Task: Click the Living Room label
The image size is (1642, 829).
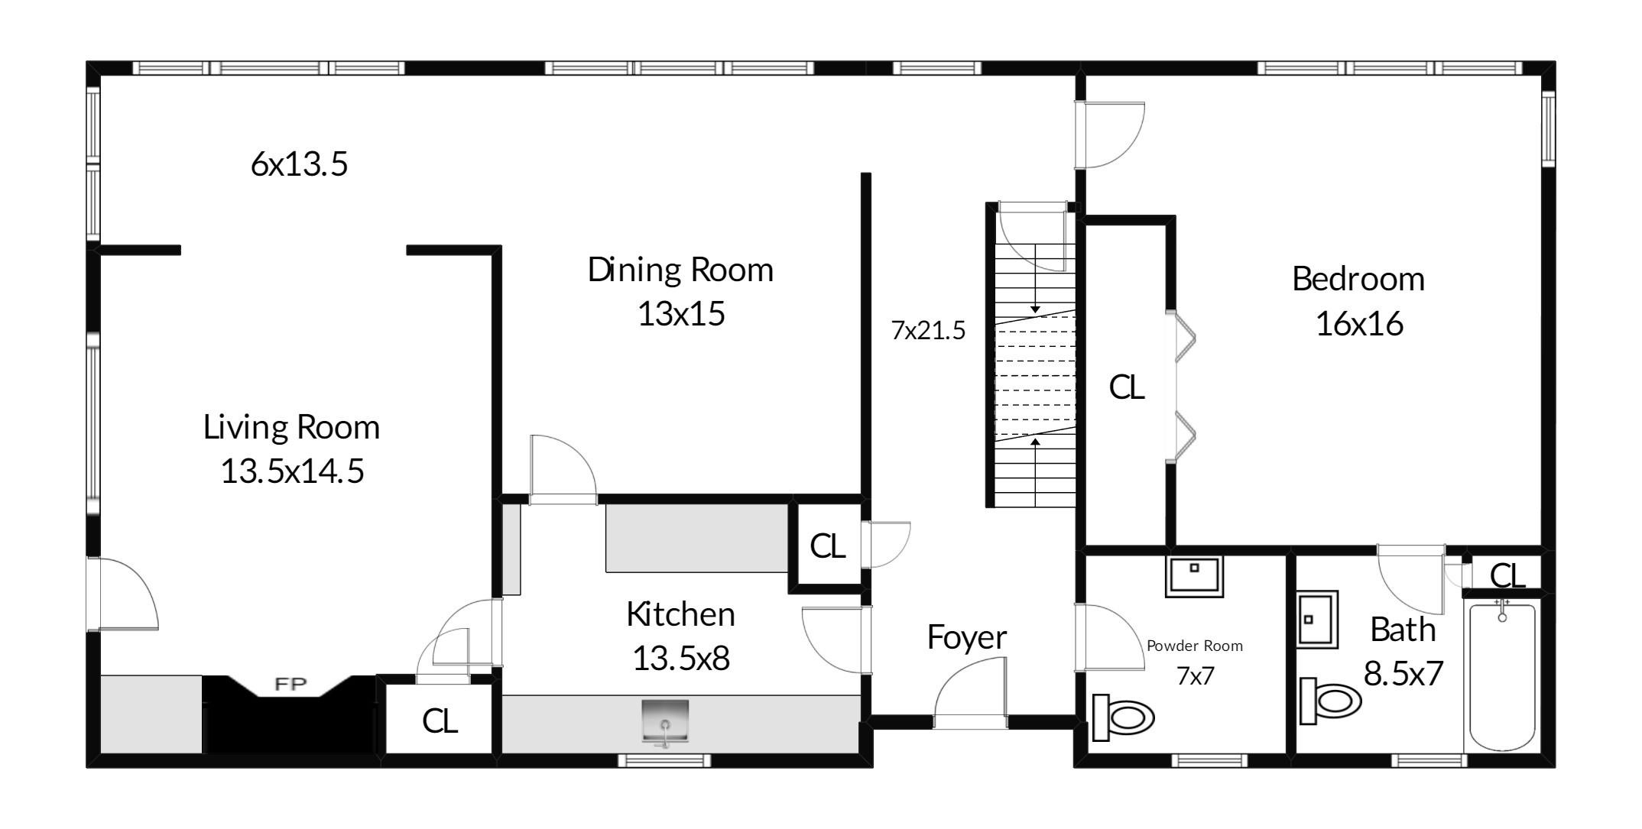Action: tap(291, 427)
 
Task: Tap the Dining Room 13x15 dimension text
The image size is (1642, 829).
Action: tap(681, 314)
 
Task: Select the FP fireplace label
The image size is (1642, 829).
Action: tap(290, 684)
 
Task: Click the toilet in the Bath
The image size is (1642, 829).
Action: tap(1331, 700)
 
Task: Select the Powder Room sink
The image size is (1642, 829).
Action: tap(1194, 577)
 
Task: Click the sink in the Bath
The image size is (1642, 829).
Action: tap(1317, 619)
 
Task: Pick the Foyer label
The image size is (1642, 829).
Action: tap(967, 637)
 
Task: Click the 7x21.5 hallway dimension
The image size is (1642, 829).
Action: tap(928, 331)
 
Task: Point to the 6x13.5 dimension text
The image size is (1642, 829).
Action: tap(299, 164)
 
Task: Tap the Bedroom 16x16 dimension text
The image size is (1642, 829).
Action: tap(1359, 324)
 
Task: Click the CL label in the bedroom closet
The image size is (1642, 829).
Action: tap(1127, 387)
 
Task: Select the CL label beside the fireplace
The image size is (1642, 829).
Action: tap(440, 721)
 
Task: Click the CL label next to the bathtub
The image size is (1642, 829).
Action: tap(1507, 576)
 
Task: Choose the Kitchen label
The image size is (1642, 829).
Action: tap(680, 614)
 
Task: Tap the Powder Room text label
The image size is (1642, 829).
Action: tap(1195, 646)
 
